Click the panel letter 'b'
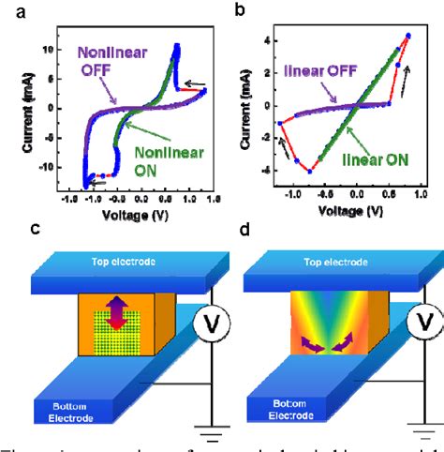pyautogui.click(x=239, y=9)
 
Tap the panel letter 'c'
pyautogui.click(x=10, y=228)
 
